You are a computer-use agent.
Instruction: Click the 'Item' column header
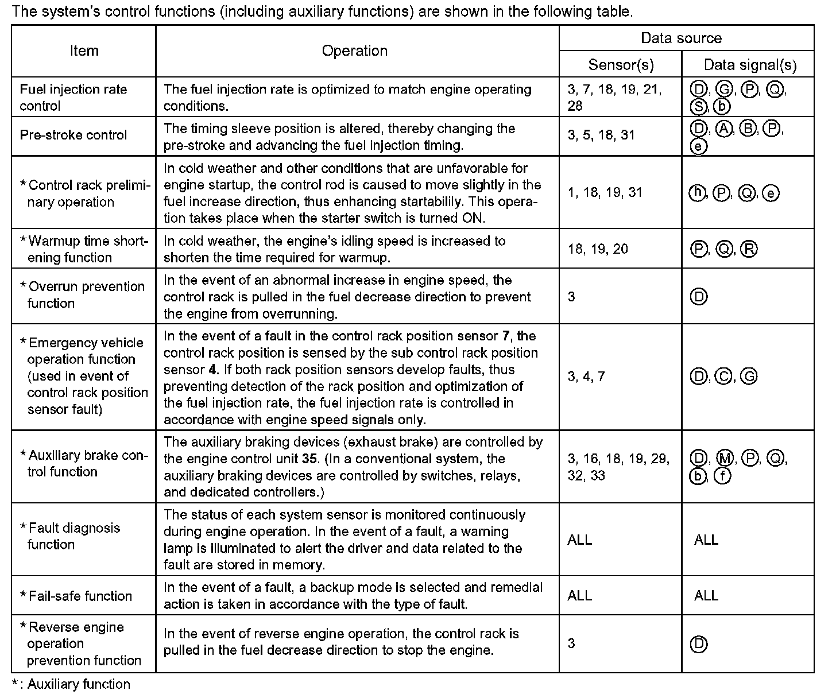pos(84,51)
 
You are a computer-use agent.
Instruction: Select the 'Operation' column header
pos(354,51)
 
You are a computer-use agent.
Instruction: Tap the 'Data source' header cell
pos(681,38)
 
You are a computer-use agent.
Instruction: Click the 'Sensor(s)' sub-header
pos(621,65)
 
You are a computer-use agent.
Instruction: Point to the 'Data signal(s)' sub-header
pos(750,65)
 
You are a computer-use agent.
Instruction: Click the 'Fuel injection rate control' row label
pos(73,98)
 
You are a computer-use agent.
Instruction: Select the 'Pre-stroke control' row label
pos(73,135)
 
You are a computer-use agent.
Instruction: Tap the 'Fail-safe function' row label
pos(80,596)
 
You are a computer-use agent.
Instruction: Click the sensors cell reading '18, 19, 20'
pos(598,249)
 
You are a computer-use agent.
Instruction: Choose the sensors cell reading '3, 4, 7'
pos(586,377)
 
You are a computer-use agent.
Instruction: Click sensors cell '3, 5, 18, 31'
pos(601,135)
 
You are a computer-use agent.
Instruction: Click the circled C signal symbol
pos(724,377)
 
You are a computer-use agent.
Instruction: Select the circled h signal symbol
pos(696,193)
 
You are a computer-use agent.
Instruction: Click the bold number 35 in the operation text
pos(309,459)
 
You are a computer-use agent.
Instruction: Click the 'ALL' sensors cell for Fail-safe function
pos(579,596)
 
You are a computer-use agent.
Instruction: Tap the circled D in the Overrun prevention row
pos(699,297)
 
